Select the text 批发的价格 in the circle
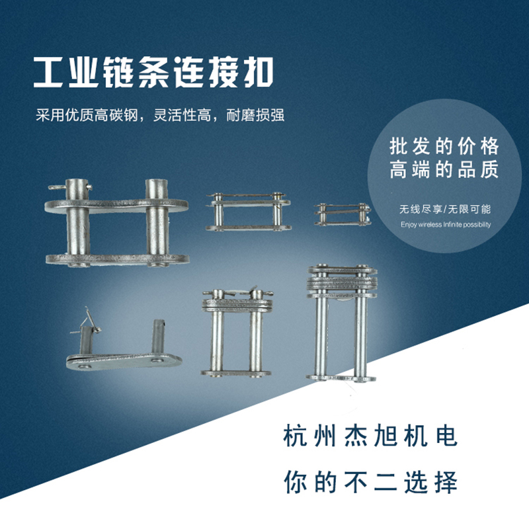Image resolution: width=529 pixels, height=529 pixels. (x=445, y=147)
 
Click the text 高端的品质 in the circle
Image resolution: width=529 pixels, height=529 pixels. (x=445, y=171)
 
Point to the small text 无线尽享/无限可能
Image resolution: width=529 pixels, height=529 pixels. (x=445, y=209)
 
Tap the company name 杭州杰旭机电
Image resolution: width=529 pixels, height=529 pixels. (x=370, y=437)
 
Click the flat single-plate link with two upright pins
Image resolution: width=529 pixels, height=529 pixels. (x=124, y=350)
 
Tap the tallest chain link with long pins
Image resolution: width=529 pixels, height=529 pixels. (x=341, y=324)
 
